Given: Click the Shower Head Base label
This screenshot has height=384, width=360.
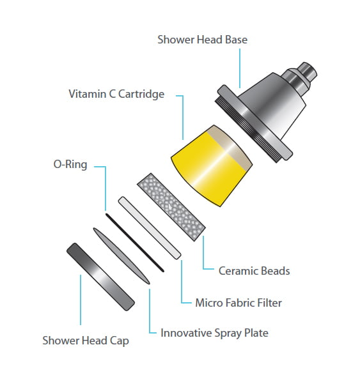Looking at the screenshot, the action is click(x=202, y=40).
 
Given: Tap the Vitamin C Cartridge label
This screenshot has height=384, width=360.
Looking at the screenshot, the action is click(x=116, y=94).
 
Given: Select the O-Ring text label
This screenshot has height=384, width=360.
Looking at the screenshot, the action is click(x=70, y=164).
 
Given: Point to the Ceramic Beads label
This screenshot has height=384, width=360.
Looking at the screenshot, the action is click(x=254, y=271).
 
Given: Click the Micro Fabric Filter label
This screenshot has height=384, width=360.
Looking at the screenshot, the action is click(x=239, y=303).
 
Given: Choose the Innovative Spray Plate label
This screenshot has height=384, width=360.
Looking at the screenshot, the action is click(x=214, y=333).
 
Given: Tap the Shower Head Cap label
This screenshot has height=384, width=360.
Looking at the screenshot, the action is click(x=86, y=341).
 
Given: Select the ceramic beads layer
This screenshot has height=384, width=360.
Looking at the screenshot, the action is click(x=171, y=207).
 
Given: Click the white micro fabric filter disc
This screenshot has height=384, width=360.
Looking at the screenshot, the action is click(x=150, y=227).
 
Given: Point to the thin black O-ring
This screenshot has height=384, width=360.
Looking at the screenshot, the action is click(x=135, y=243).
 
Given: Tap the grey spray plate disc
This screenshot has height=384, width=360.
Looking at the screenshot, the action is click(x=121, y=256).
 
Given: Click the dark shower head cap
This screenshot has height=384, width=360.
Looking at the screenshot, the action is click(x=100, y=277).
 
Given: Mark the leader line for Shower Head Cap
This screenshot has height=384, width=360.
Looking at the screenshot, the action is click(x=81, y=300).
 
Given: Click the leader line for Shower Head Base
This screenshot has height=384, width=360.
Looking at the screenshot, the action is click(x=240, y=68).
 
